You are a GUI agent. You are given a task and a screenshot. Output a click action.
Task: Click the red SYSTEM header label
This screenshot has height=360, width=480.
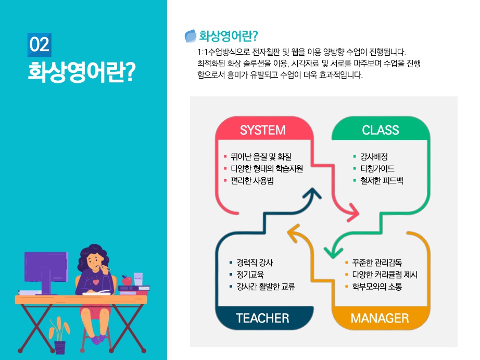click(x=263, y=130)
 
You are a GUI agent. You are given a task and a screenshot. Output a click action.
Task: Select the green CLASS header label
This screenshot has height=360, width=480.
click(x=381, y=130)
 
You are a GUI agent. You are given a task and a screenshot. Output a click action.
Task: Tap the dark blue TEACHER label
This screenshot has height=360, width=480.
click(x=262, y=318)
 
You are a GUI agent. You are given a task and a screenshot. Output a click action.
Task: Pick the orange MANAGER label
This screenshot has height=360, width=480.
click(x=380, y=318)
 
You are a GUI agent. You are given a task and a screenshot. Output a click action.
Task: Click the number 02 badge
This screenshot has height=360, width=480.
click(x=39, y=45)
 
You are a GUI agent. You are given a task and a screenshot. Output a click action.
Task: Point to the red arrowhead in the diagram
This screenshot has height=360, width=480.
click(x=352, y=212)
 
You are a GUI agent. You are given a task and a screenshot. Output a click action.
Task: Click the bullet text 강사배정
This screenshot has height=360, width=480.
click(x=374, y=157)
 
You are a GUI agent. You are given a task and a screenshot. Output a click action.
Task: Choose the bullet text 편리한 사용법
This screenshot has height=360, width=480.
click(x=252, y=181)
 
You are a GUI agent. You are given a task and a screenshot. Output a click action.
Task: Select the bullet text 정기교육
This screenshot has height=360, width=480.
click(x=250, y=275)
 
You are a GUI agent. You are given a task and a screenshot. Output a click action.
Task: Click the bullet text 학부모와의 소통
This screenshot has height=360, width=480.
click(x=377, y=287)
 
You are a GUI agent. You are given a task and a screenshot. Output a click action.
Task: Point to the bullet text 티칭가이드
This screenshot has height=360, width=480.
click(x=377, y=169)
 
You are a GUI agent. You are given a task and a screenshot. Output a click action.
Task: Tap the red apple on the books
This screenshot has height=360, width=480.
click(x=127, y=280)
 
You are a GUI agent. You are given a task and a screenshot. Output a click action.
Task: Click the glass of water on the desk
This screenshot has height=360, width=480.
click(x=138, y=279)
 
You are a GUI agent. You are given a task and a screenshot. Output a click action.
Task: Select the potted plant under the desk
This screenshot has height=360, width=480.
click(x=59, y=336)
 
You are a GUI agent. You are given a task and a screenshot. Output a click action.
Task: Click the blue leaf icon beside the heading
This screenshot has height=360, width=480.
click(x=191, y=36)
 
